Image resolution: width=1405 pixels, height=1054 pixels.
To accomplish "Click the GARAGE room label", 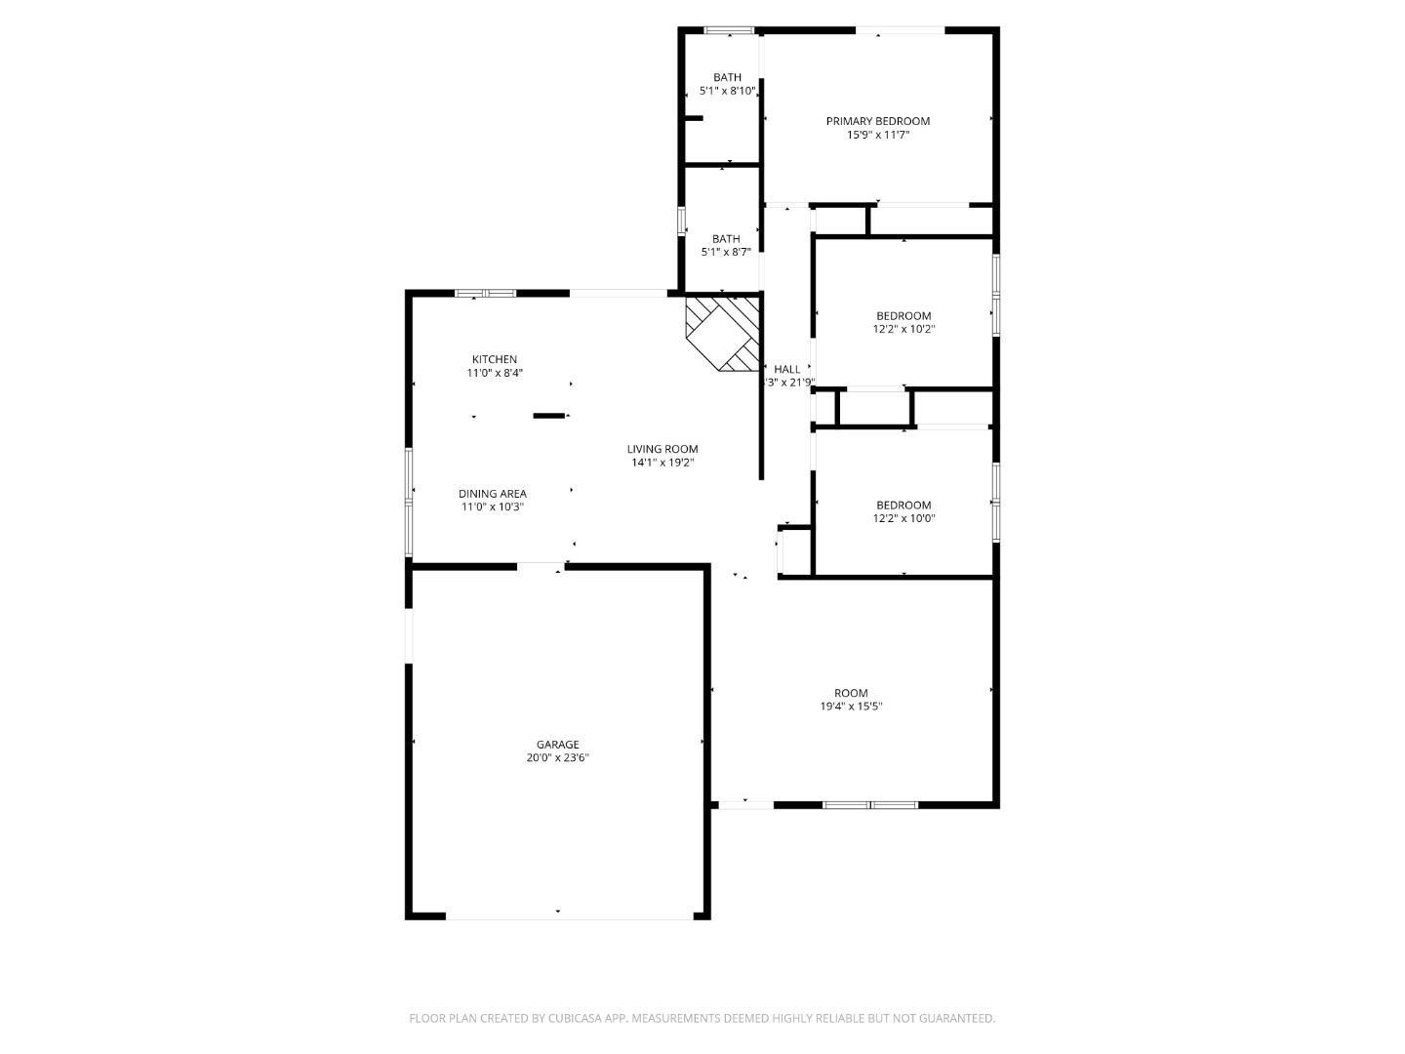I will (557, 745).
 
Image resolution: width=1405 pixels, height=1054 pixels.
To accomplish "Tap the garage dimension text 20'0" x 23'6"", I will (557, 758).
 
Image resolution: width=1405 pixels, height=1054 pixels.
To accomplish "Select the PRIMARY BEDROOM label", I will (877, 121).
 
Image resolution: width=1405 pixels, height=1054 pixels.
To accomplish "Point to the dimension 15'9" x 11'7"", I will (877, 136).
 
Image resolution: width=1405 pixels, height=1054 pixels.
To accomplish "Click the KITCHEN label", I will (494, 359).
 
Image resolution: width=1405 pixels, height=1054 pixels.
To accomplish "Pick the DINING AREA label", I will (493, 494).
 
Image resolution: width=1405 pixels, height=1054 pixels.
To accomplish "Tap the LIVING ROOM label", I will (662, 449).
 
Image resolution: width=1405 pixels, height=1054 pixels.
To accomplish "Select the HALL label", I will (786, 369).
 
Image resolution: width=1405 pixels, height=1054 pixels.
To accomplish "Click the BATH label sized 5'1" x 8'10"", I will (727, 77).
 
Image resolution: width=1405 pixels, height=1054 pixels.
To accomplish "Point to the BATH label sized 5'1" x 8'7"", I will (726, 239).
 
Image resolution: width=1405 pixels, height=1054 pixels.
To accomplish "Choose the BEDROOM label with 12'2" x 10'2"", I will (903, 315).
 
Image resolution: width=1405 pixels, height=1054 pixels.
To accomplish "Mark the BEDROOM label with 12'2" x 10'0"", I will (903, 505).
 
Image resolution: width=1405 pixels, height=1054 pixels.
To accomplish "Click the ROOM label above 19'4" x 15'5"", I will (851, 693).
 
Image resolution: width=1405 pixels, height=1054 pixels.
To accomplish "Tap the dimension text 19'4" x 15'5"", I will (851, 707).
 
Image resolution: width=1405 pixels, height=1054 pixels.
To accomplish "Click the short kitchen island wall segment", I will (548, 416).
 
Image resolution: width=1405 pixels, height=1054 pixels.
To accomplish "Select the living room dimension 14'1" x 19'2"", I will (662, 463).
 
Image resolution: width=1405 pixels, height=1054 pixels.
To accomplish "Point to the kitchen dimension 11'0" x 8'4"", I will (494, 373).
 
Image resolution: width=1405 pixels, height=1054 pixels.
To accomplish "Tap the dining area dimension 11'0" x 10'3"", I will (493, 507).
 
